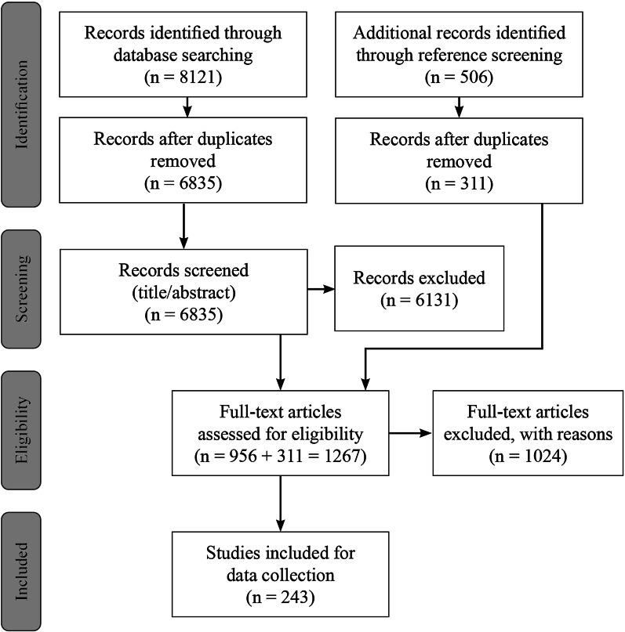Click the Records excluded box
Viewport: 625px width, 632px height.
[x=419, y=289]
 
